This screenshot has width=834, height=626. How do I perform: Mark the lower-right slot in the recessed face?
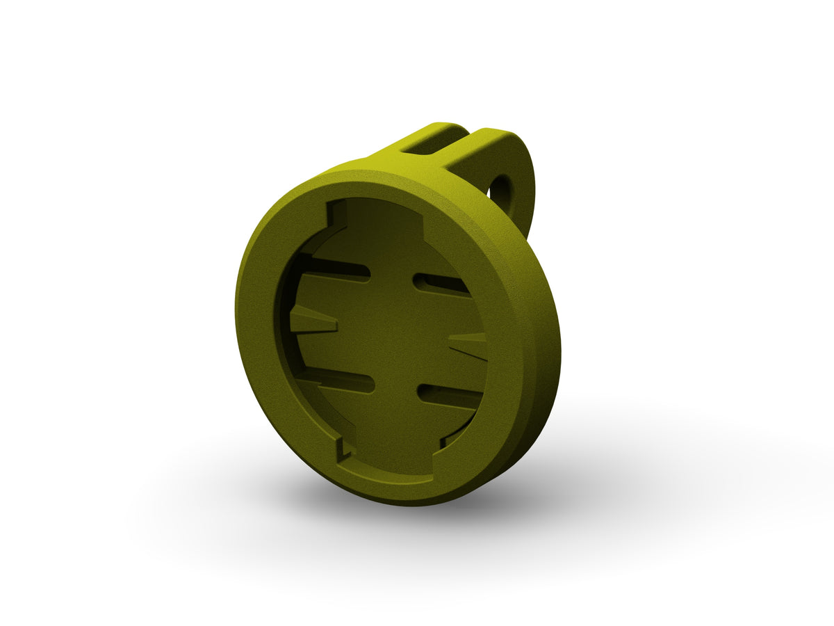point(448,395)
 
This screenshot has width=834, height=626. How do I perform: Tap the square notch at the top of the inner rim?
point(338,212)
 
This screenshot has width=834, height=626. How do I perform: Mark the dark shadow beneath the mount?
point(431,508)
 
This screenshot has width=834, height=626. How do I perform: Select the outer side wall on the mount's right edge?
point(546,348)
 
